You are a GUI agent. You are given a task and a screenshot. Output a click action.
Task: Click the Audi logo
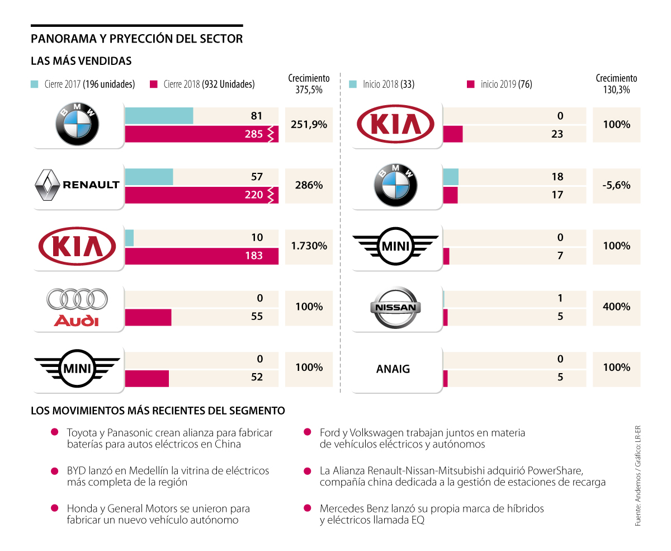(x=77, y=308)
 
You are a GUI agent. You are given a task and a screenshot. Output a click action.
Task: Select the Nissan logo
(x=395, y=308)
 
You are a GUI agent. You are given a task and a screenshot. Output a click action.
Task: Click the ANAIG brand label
(x=393, y=369)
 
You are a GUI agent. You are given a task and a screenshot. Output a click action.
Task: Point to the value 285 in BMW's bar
(x=254, y=134)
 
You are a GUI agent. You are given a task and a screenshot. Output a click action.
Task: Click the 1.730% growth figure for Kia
(x=309, y=246)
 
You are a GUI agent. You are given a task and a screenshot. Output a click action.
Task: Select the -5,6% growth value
(x=617, y=185)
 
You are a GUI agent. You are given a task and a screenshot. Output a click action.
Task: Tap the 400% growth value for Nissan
(x=617, y=307)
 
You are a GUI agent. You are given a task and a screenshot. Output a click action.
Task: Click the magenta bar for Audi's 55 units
(x=148, y=317)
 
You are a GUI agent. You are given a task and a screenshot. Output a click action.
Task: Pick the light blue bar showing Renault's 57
(x=149, y=177)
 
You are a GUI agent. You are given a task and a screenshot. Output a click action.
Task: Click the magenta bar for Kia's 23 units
(x=453, y=134)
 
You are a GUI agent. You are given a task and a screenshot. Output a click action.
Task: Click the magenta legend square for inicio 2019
(x=471, y=84)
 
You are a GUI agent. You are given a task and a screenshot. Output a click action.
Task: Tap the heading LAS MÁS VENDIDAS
(x=81, y=60)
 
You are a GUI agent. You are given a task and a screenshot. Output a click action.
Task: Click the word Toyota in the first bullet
(x=82, y=433)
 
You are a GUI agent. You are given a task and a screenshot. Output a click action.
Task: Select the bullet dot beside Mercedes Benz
(x=307, y=508)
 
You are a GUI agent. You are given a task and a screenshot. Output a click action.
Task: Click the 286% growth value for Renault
(x=309, y=185)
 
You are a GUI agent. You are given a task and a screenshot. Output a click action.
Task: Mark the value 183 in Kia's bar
(x=254, y=256)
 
